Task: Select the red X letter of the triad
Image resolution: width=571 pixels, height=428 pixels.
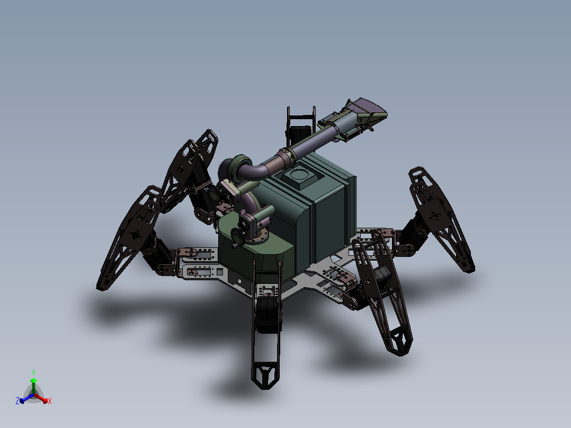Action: (49, 402)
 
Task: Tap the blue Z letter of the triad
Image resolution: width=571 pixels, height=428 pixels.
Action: (17, 401)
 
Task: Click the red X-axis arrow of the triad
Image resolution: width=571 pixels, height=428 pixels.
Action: (43, 398)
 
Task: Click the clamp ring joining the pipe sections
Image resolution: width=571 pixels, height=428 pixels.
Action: (288, 154)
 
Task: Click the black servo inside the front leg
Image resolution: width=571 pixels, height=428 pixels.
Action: (267, 313)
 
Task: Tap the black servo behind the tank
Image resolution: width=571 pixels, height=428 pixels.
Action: (300, 134)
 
